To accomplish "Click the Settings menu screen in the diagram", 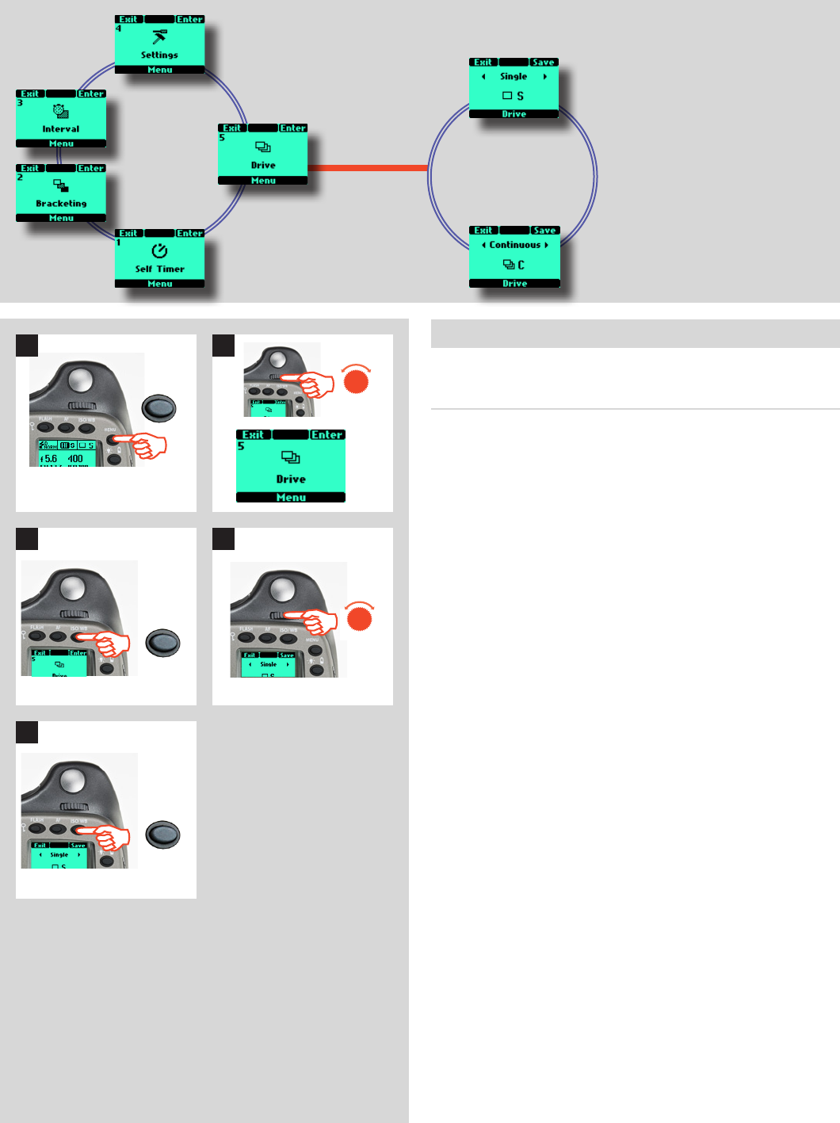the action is [x=159, y=45].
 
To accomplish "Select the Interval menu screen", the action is [x=61, y=119].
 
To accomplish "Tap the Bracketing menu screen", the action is [x=61, y=193].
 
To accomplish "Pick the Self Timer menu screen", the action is [x=159, y=259].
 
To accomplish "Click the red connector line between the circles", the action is [x=367, y=168].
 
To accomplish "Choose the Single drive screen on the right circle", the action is [x=514, y=88].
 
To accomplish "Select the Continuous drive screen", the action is [x=514, y=257].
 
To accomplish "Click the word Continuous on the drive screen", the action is [x=514, y=245].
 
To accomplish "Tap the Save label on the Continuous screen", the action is [x=544, y=231].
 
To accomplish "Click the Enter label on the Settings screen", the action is [x=189, y=19].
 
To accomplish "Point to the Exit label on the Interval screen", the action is [x=30, y=94].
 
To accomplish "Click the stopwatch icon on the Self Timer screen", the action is [x=159, y=250].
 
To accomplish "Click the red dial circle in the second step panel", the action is [x=357, y=381].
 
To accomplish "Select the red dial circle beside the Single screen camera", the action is [x=360, y=617].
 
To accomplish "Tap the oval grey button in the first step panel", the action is [x=158, y=408].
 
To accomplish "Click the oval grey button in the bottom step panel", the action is [x=163, y=835].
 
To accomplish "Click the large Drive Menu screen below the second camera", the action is [x=291, y=466].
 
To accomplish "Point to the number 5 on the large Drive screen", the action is [x=241, y=446].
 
